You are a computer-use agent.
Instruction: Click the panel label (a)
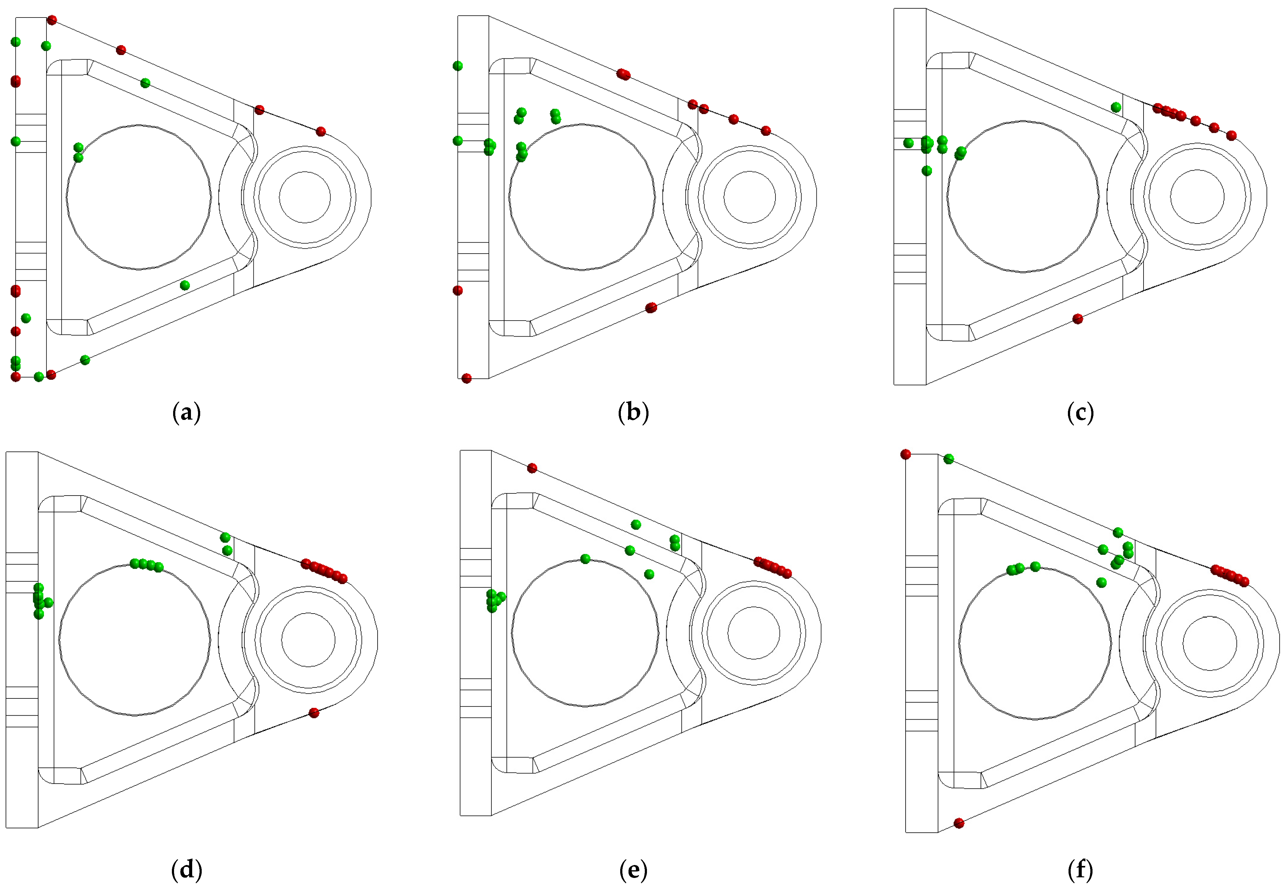coord(187,413)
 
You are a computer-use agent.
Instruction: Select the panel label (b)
coord(633,413)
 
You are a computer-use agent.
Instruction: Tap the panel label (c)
coord(1080,413)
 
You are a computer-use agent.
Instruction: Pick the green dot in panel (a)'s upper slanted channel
coord(145,83)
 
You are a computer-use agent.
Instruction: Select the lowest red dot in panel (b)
coord(466,379)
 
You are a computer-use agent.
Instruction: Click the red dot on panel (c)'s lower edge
coord(1078,318)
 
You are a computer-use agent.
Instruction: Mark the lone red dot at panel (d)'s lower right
coord(314,713)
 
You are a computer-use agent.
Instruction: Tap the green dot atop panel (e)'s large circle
coord(585,559)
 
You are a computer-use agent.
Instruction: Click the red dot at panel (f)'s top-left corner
coord(906,455)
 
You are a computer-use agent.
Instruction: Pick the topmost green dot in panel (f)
coord(948,459)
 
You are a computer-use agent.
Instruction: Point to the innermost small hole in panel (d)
coord(308,639)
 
